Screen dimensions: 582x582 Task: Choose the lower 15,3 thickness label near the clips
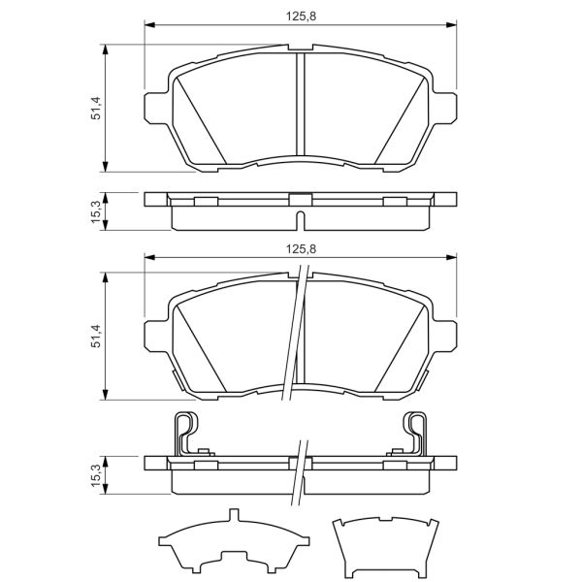tap(95, 476)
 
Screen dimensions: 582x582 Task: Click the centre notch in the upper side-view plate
tap(300, 200)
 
